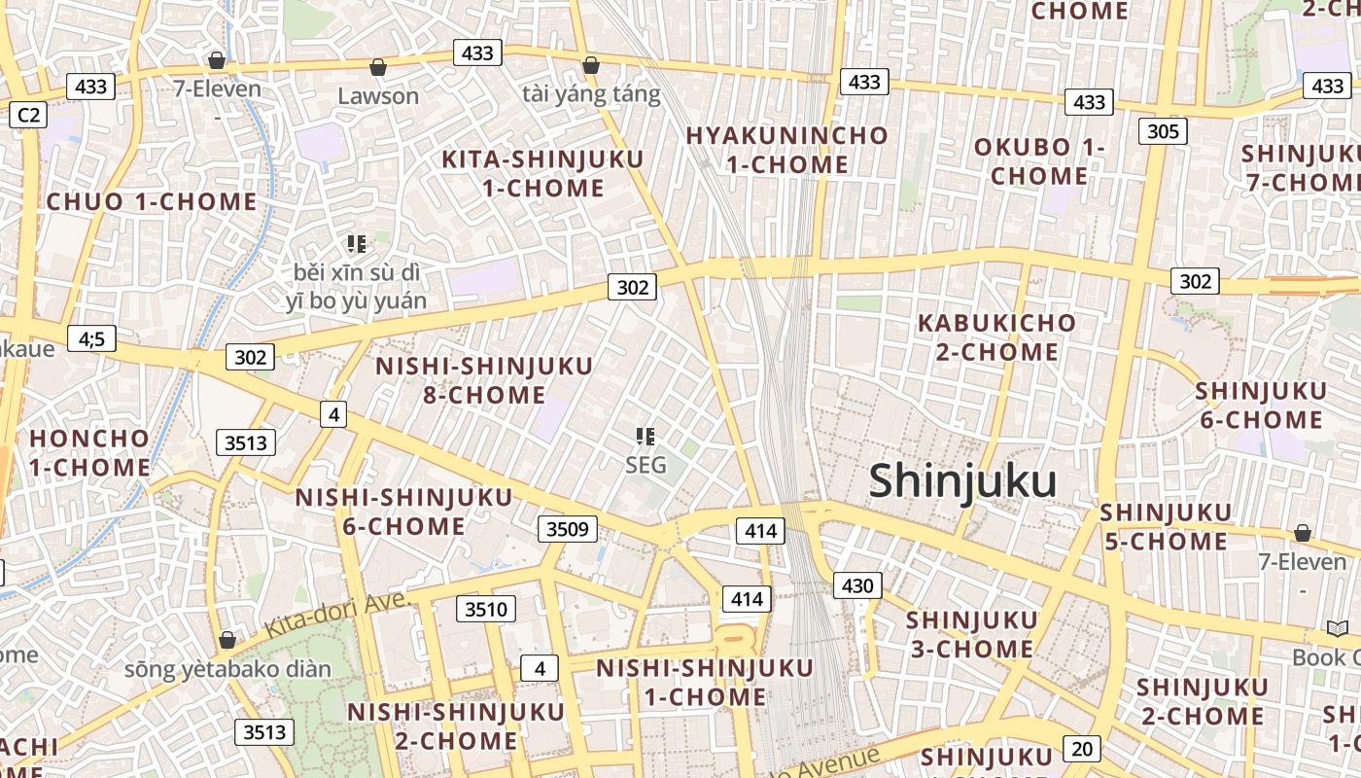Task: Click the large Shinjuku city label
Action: coord(962,481)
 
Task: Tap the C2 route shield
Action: coord(28,115)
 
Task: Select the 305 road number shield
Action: coord(1163,131)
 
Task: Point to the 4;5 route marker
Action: coord(91,338)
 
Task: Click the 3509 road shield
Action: coord(568,529)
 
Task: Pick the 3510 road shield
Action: coord(486,610)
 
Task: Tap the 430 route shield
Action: coord(856,585)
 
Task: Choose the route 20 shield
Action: coord(1082,748)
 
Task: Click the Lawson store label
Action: coord(378,95)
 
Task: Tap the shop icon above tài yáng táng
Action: coord(590,66)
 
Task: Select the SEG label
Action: coord(646,465)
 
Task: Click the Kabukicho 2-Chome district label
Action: coord(996,336)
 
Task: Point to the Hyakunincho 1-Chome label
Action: coord(787,150)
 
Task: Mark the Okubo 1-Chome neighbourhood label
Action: coord(1039,161)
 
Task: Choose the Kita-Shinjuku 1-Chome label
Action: coord(542,173)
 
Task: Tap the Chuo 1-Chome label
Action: coord(153,202)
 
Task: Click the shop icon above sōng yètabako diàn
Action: coord(227,640)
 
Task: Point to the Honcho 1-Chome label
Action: coord(89,452)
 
